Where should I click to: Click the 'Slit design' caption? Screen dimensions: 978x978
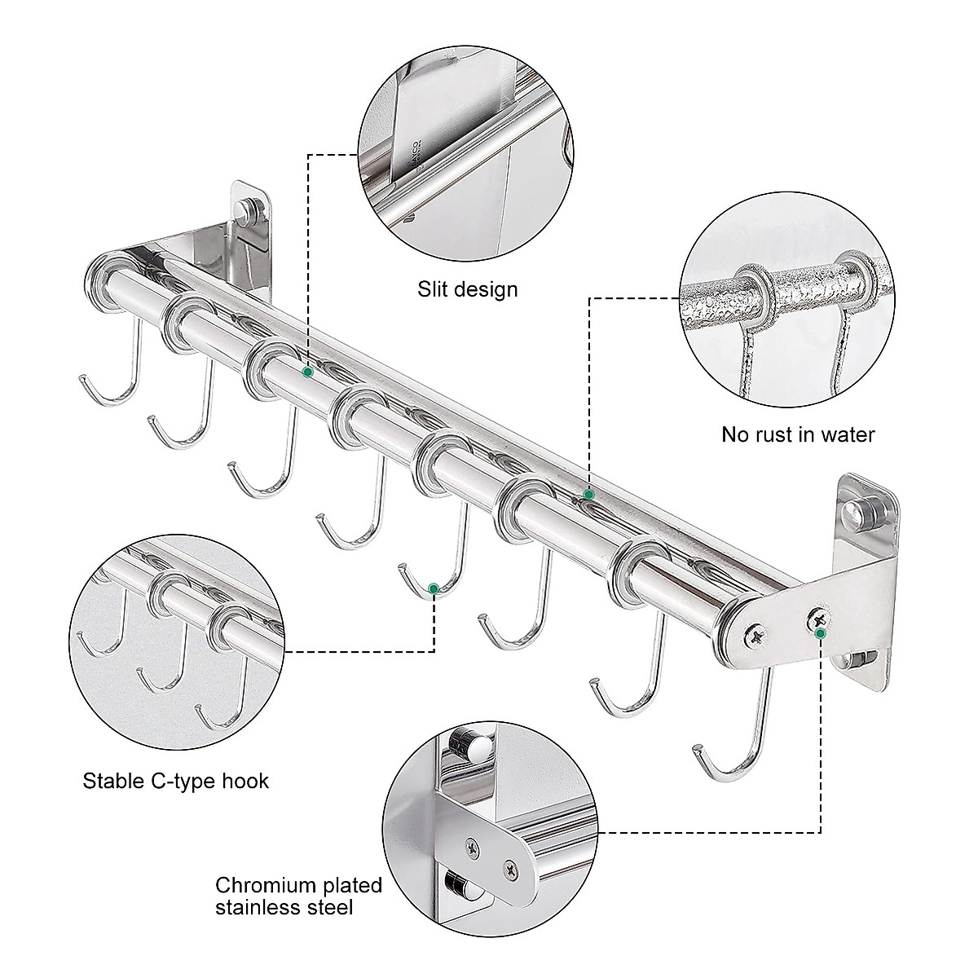click(467, 289)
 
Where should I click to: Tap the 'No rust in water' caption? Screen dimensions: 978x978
click(798, 434)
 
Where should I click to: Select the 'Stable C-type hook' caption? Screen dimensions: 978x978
click(175, 782)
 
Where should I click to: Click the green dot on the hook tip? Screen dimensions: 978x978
click(434, 588)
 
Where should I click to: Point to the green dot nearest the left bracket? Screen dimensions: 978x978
click(307, 372)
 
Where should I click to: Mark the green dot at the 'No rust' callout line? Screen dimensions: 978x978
click(588, 495)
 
